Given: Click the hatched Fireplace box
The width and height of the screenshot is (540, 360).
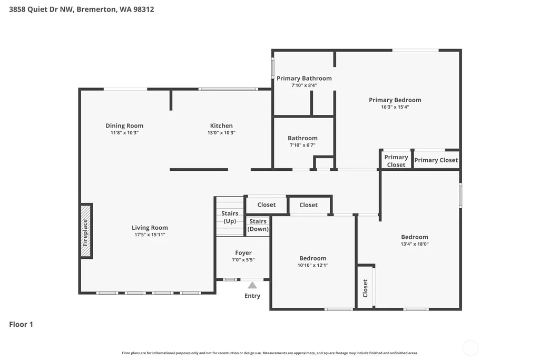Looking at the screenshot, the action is point(86,231).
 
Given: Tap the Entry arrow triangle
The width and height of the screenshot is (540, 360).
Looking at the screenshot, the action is point(252,285).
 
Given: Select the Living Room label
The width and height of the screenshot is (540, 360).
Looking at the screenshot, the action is point(150,228).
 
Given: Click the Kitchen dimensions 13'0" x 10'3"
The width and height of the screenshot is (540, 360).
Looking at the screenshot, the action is point(221,133).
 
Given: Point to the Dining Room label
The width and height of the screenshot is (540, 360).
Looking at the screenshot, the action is point(124,126).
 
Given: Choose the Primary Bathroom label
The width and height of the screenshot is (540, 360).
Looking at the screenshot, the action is point(304,78).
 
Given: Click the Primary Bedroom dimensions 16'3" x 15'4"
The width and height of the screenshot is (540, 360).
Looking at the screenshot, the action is point(395,107).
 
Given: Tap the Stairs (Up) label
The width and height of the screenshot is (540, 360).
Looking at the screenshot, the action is point(230,217).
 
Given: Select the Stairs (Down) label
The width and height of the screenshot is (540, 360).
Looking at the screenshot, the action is point(258,225).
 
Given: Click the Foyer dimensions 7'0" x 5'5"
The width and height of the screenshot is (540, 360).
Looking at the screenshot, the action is point(243,260).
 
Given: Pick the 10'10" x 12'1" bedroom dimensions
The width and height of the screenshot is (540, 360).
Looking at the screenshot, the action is point(313,265).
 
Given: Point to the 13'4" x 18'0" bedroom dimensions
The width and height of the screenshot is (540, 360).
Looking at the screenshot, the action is point(415,244).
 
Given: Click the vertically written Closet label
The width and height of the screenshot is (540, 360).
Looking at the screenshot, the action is point(366,288).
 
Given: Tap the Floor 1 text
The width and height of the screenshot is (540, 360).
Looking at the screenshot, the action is point(21,324).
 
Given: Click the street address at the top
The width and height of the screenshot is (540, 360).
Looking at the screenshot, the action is point(82,9).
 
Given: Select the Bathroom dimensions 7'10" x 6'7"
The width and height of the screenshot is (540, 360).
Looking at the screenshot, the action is point(303,145).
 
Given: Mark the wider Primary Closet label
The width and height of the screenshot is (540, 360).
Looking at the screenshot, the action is point(436,160).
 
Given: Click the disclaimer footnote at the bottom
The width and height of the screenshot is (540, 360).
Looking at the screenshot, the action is point(270,353).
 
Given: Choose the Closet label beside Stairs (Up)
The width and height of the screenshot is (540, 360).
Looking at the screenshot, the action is point(267,205).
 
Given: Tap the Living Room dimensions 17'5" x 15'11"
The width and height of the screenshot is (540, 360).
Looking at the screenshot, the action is point(150,235).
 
